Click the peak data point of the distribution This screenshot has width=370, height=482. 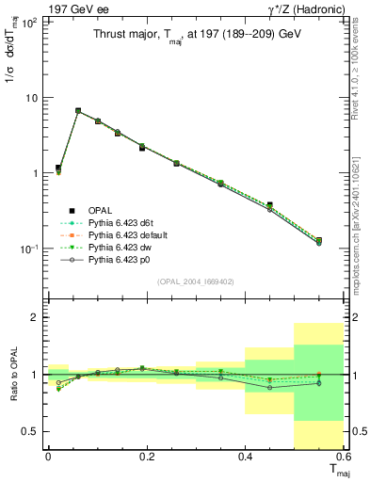78,111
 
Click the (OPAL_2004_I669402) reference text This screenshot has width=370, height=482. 195,281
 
